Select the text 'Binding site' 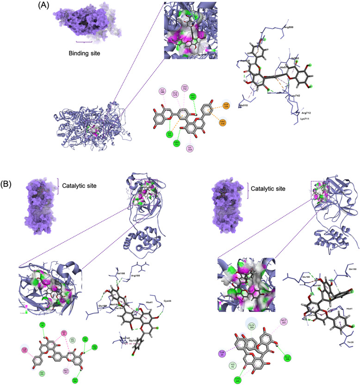(83, 54)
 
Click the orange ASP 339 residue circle (226, 106)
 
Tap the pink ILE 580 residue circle (162, 91)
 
